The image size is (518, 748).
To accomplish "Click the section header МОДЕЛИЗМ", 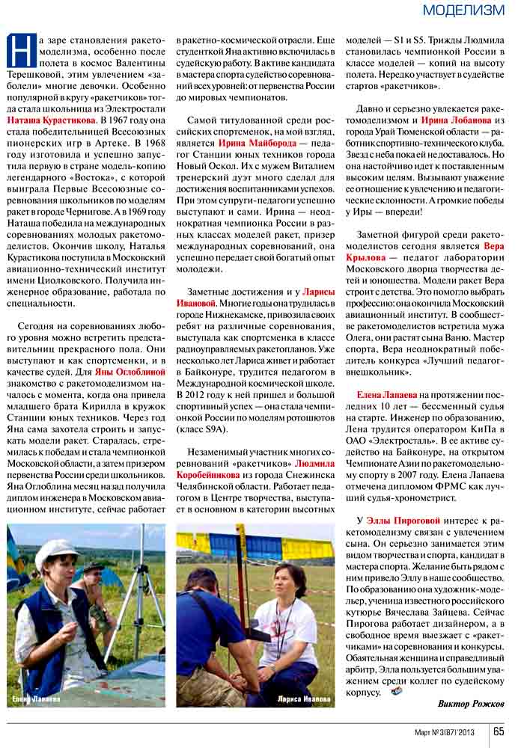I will [x=463, y=10].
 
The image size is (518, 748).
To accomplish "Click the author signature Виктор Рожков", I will [x=471, y=704].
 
